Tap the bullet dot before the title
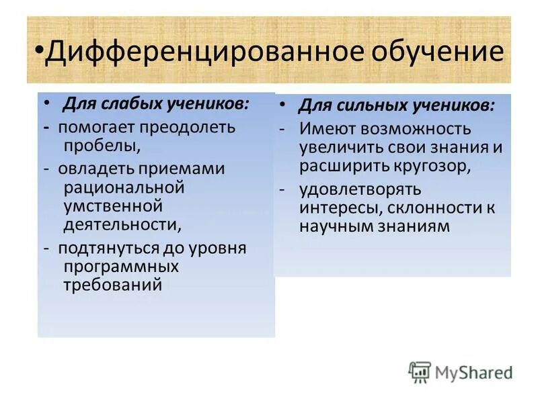click(39, 52)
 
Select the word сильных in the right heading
click(363, 107)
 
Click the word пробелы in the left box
click(100, 143)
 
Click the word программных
click(120, 266)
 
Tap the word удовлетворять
click(360, 190)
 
